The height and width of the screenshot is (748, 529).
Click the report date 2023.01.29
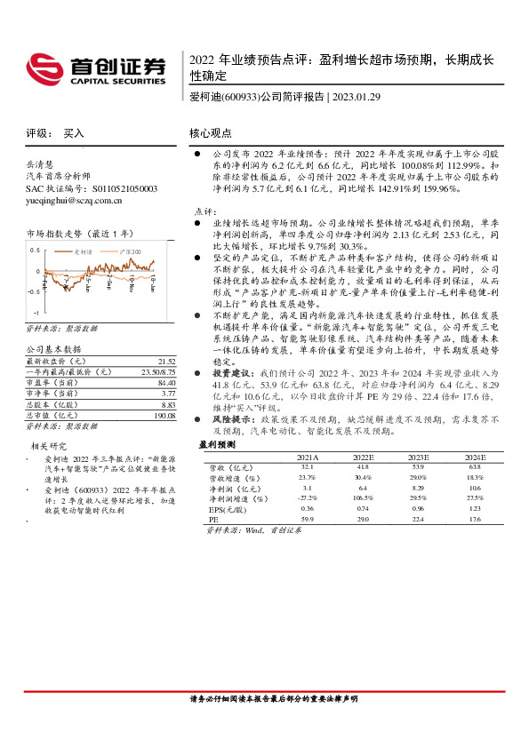(357, 97)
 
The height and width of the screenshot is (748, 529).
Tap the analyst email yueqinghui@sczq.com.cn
(87, 201)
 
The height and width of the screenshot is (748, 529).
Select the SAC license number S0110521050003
(119, 189)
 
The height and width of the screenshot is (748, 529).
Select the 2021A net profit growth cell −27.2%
(308, 498)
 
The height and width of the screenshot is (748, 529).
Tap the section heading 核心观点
(212, 133)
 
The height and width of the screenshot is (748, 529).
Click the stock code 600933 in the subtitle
(238, 97)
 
